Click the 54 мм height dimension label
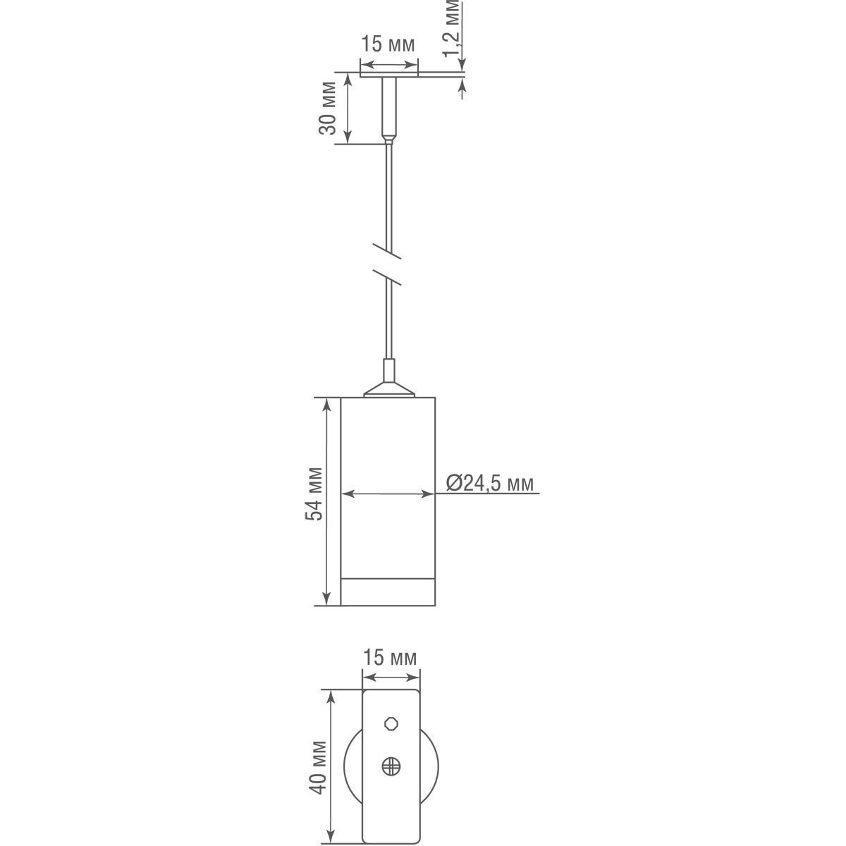coord(314,493)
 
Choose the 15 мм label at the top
coord(388,44)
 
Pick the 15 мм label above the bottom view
coord(390,658)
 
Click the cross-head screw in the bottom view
coord(391,766)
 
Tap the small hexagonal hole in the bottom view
coord(391,723)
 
